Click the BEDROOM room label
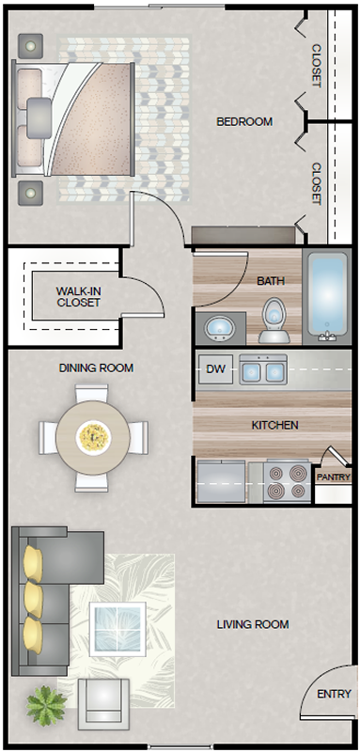(x=244, y=122)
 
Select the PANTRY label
(x=333, y=478)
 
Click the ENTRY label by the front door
(x=334, y=694)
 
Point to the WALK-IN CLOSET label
(x=78, y=296)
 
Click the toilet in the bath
(x=274, y=320)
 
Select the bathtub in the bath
(x=327, y=295)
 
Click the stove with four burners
(x=287, y=482)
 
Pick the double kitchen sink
(x=263, y=369)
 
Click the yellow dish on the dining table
(x=93, y=437)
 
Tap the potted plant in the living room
(x=46, y=706)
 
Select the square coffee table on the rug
(x=117, y=629)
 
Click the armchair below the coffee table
(x=103, y=703)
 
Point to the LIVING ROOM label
(x=253, y=624)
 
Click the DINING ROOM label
(x=96, y=368)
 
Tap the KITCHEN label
(x=275, y=425)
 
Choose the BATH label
(x=271, y=280)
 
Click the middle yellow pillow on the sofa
(x=34, y=600)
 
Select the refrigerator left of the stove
(x=221, y=481)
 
